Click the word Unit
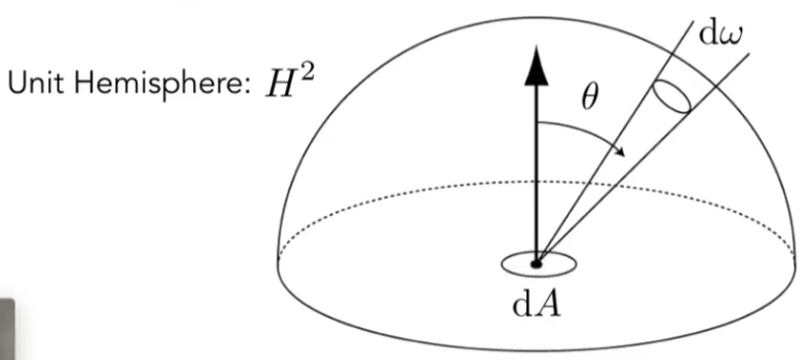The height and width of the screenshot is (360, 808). click(x=35, y=83)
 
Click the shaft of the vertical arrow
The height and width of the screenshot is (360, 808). click(x=536, y=174)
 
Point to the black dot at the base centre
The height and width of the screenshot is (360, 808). click(x=536, y=265)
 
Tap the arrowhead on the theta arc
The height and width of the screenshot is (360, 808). click(x=620, y=150)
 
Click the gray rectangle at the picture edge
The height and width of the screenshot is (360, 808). click(x=7, y=330)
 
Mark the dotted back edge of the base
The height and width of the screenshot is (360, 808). click(x=536, y=181)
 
